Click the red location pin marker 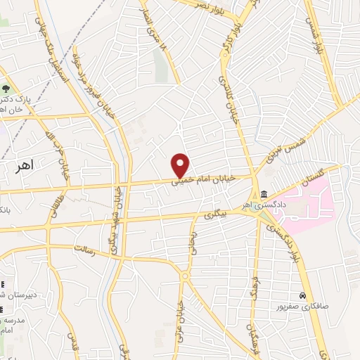coord(181,165)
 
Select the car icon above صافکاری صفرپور coord(302,295)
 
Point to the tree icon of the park coord(6,89)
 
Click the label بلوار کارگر coord(231,37)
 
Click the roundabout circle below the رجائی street coord(186,276)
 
